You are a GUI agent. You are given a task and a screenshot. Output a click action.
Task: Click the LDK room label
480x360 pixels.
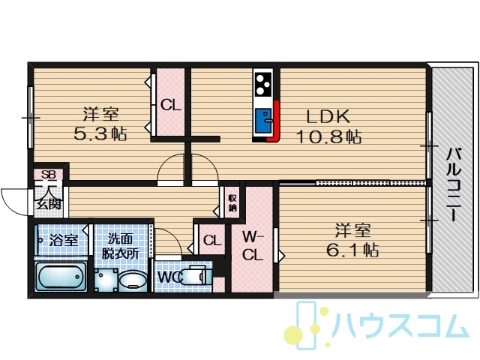click(328, 117)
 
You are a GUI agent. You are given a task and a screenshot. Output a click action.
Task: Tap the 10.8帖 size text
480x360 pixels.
click(328, 136)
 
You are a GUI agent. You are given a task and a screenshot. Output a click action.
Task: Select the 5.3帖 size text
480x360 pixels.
click(100, 133)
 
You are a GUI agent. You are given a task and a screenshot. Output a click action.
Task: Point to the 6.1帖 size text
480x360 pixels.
click(352, 250)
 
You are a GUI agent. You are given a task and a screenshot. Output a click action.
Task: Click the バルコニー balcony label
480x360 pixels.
click(453, 184)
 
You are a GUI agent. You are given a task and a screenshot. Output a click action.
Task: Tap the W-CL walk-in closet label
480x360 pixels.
click(253, 245)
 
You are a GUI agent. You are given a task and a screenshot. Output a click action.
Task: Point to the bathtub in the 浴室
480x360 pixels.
click(60, 277)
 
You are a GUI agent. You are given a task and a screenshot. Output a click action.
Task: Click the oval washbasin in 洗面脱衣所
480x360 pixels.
click(133, 280)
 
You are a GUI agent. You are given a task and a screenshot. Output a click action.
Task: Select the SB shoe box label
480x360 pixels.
click(49, 175)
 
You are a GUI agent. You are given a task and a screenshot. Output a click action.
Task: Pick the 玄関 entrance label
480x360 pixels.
click(49, 203)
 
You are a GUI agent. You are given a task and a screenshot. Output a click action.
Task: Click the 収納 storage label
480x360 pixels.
click(232, 202)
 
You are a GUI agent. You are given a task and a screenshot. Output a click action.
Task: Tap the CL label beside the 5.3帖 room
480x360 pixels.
click(171, 105)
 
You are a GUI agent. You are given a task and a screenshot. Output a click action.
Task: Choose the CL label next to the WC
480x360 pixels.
click(211, 241)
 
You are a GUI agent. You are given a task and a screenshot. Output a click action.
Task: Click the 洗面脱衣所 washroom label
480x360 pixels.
click(120, 246)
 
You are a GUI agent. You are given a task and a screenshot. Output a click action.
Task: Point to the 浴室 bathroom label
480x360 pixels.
click(63, 240)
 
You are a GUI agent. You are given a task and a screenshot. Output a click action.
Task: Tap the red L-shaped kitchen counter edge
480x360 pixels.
click(274, 121)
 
